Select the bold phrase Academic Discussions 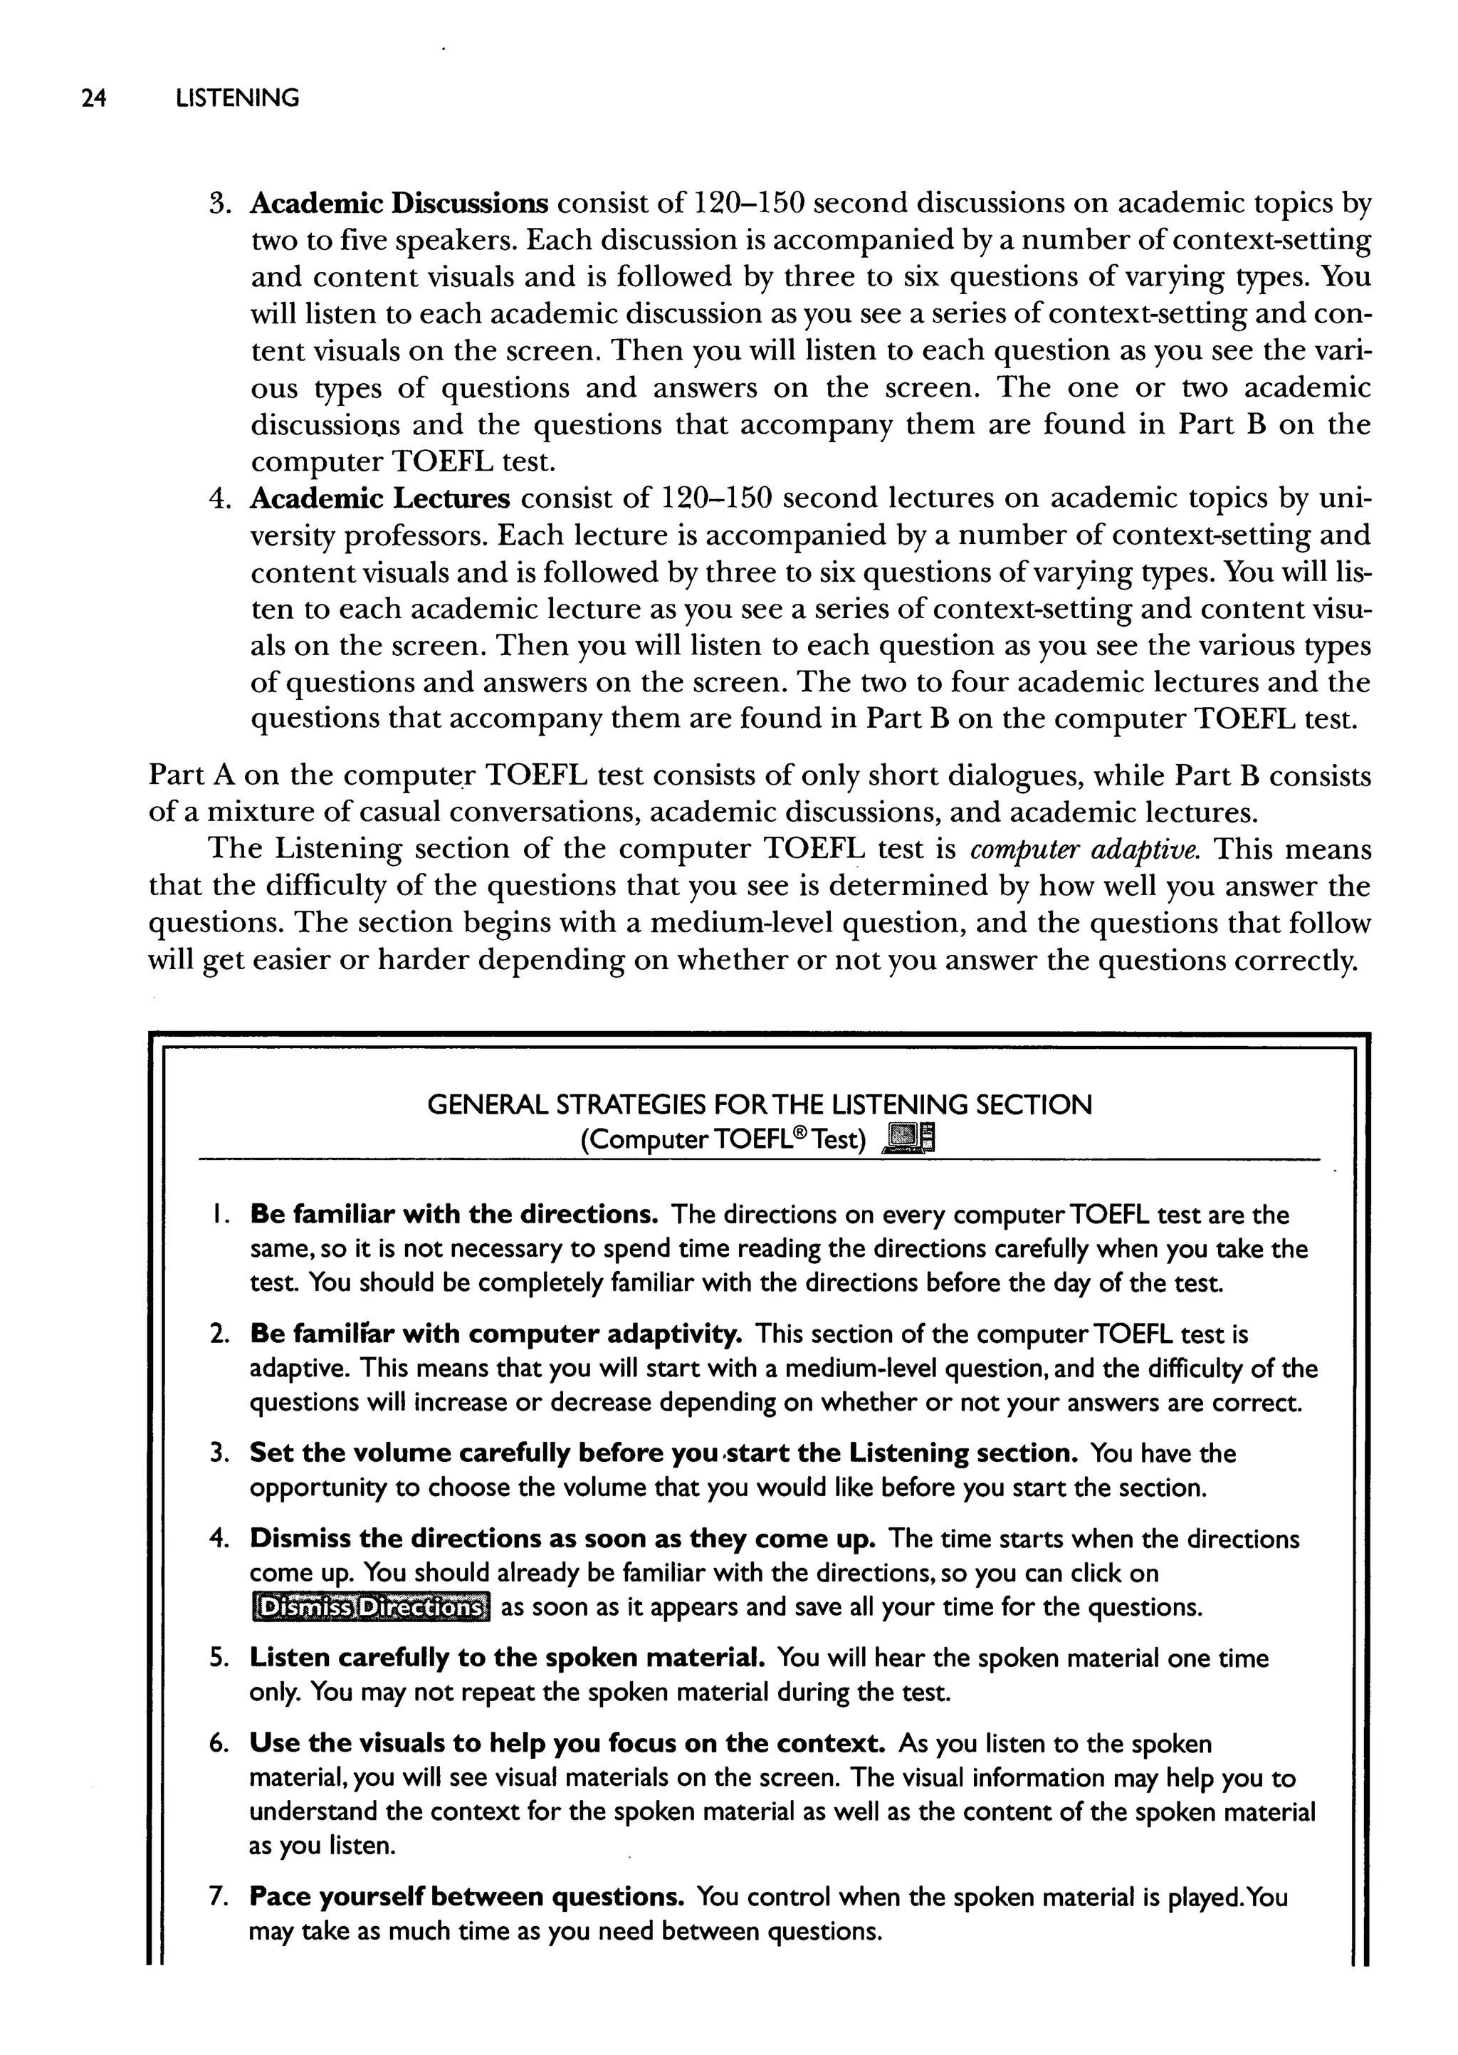399,204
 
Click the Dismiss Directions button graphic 370,1607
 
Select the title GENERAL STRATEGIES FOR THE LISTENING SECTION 759,1104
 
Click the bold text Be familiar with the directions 454,1215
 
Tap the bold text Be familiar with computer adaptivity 495,1334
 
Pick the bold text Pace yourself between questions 467,1897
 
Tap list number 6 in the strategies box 218,1745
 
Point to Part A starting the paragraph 185,775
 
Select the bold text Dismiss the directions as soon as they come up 562,1539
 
